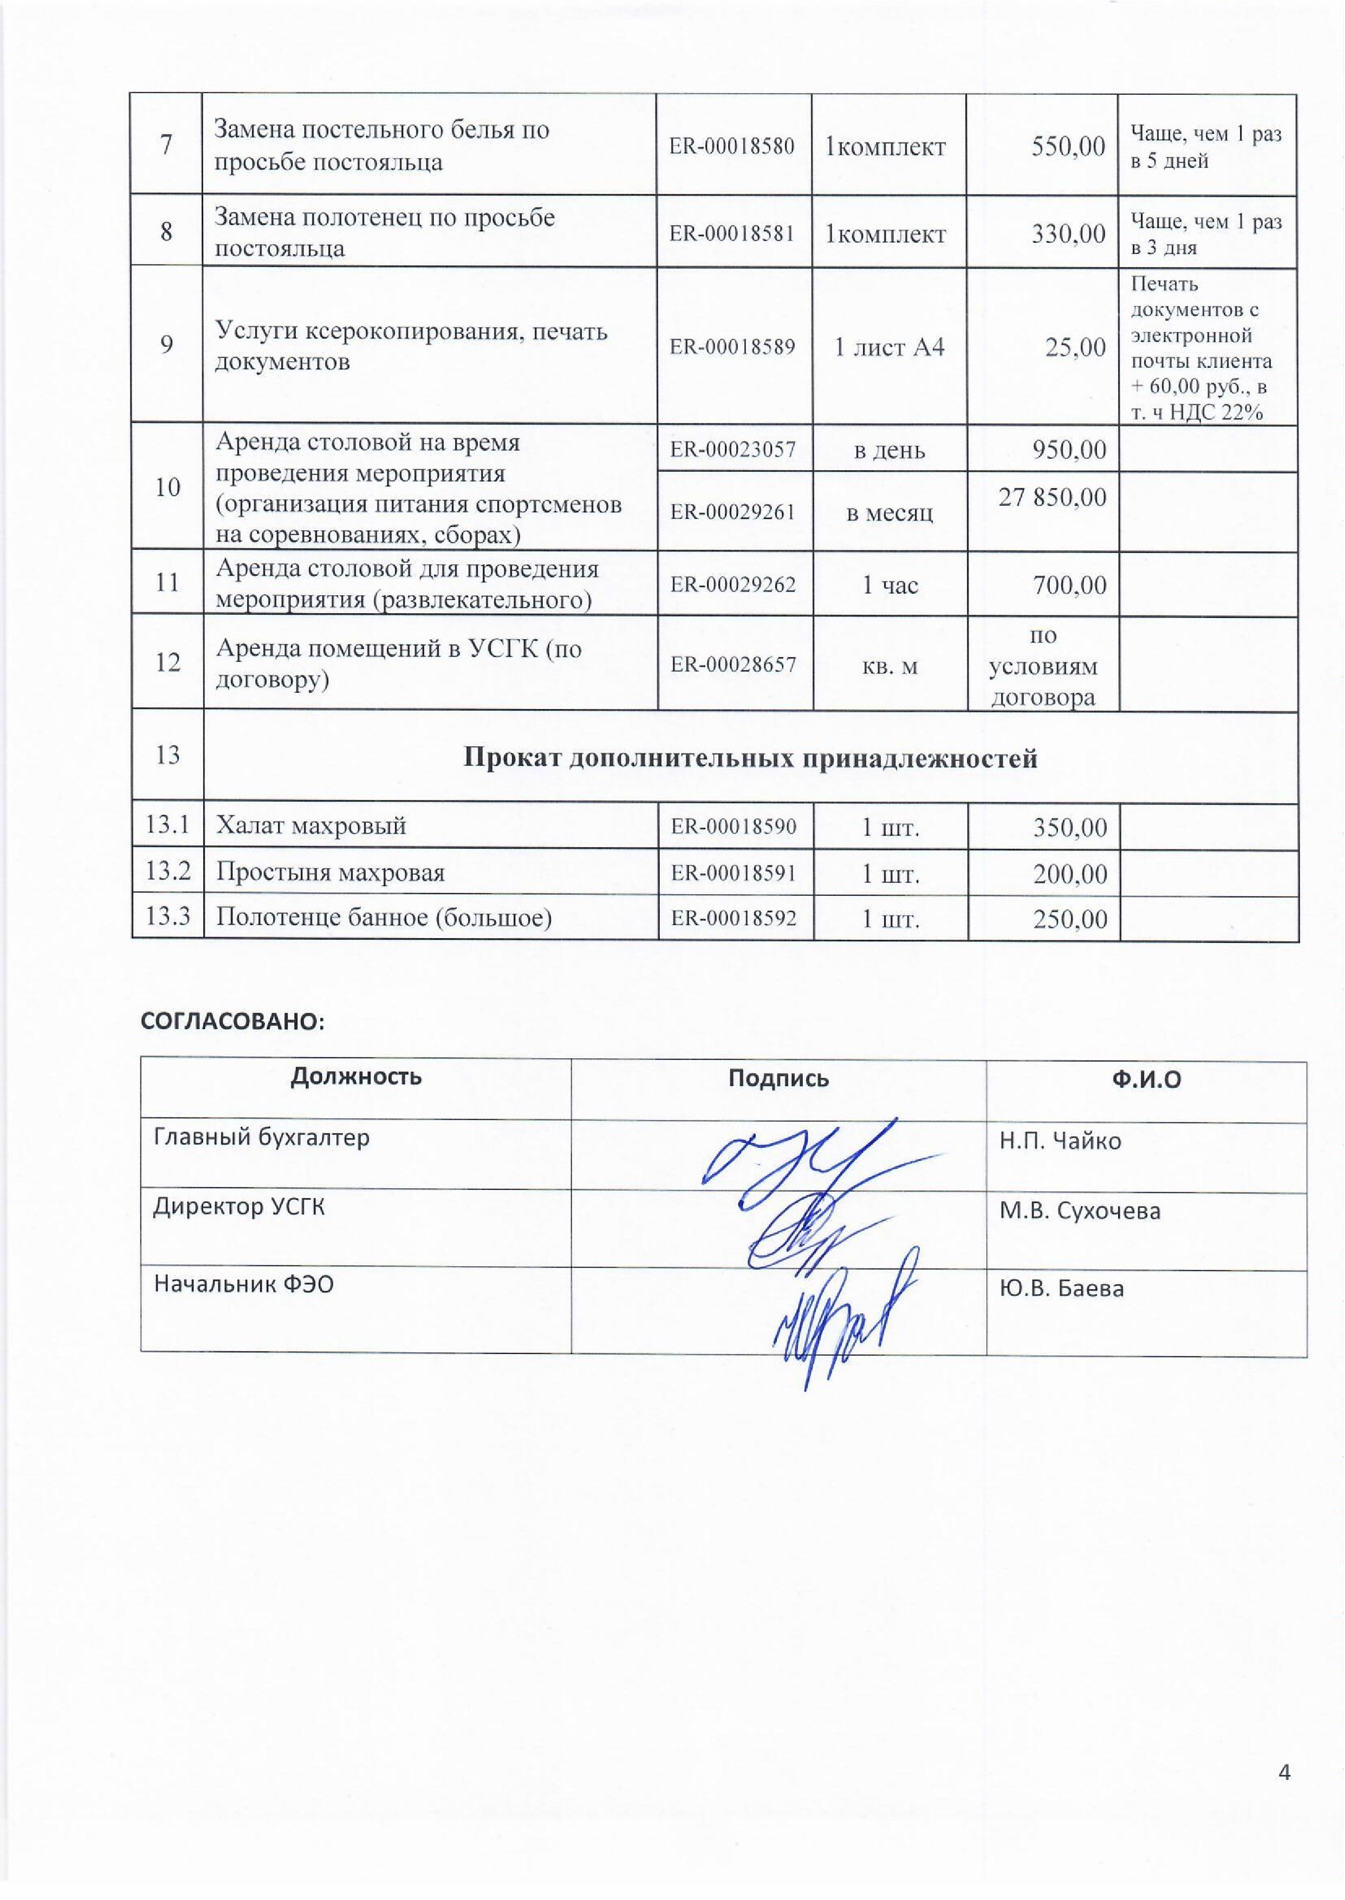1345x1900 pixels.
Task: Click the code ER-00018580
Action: [732, 147]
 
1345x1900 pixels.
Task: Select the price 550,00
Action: [1068, 147]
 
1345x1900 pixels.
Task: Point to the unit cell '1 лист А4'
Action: [889, 346]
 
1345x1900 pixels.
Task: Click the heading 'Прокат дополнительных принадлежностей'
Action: [750, 758]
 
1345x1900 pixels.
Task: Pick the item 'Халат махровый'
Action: [310, 825]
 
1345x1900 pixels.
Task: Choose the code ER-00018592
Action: [733, 918]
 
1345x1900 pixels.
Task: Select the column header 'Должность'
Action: [356, 1076]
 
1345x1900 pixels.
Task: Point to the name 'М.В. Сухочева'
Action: [1079, 1211]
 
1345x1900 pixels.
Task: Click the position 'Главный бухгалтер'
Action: [262, 1137]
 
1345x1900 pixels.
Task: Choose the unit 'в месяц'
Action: [889, 512]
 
